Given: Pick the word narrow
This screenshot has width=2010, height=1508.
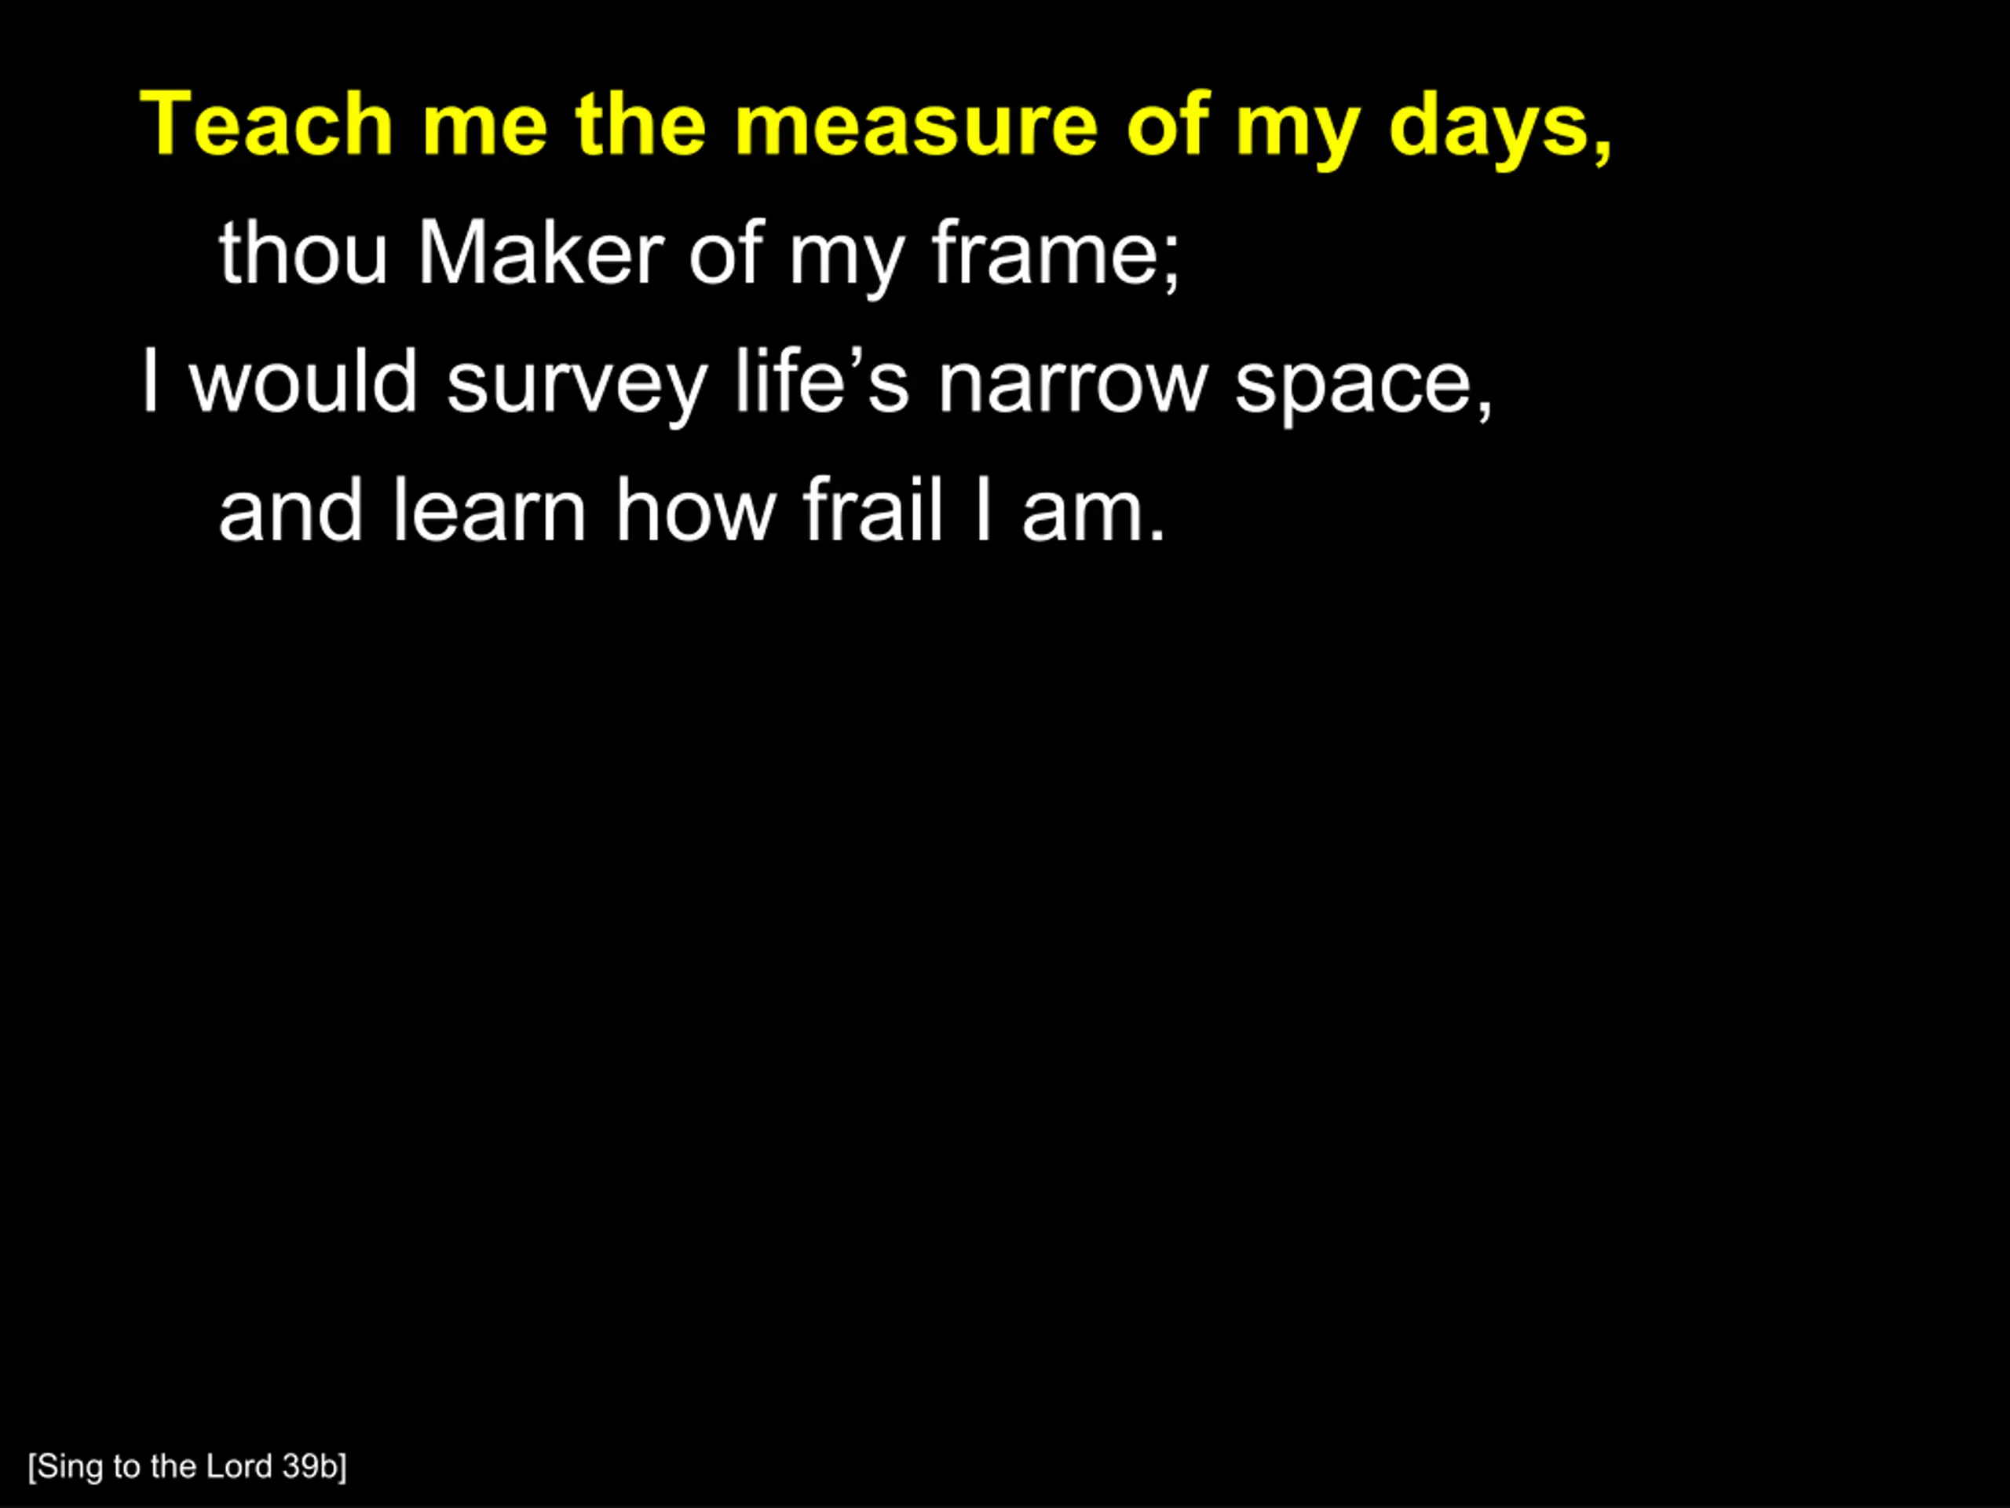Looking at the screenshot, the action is (1073, 388).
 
